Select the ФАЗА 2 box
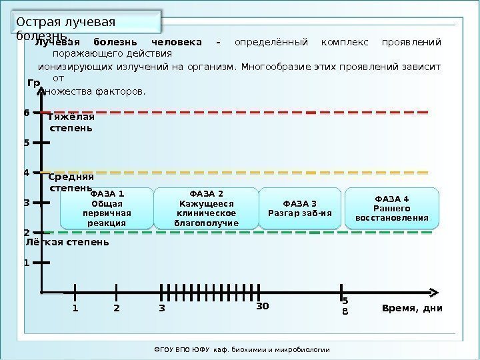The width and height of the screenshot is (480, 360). (206, 208)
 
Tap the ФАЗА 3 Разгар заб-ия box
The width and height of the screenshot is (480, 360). (299, 208)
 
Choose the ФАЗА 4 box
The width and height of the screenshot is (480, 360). (392, 207)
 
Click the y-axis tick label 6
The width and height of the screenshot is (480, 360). (27, 113)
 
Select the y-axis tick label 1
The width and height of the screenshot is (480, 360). (27, 263)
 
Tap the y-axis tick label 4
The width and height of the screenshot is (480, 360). (27, 173)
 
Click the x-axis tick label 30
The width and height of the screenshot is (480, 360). (263, 307)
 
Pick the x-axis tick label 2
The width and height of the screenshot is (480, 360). (117, 309)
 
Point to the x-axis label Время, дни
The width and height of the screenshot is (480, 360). (412, 309)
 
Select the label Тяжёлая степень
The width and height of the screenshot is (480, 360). (71, 122)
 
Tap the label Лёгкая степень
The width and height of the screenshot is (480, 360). (63, 242)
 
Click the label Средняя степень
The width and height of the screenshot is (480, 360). (71, 183)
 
